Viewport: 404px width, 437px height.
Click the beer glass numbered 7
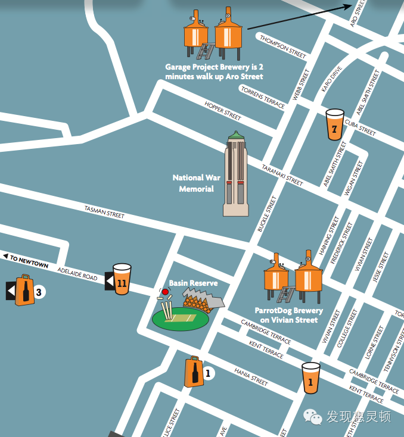(x=335, y=124)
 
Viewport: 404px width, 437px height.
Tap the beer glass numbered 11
(x=122, y=278)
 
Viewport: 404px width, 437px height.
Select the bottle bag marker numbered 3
(x=24, y=291)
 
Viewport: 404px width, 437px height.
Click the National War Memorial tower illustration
(x=236, y=174)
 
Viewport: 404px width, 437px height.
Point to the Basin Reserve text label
(x=193, y=283)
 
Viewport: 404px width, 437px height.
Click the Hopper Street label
(x=223, y=111)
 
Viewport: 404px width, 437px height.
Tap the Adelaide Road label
(x=77, y=273)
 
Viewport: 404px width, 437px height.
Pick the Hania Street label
(x=251, y=376)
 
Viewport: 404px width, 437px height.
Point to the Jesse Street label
(x=380, y=267)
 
